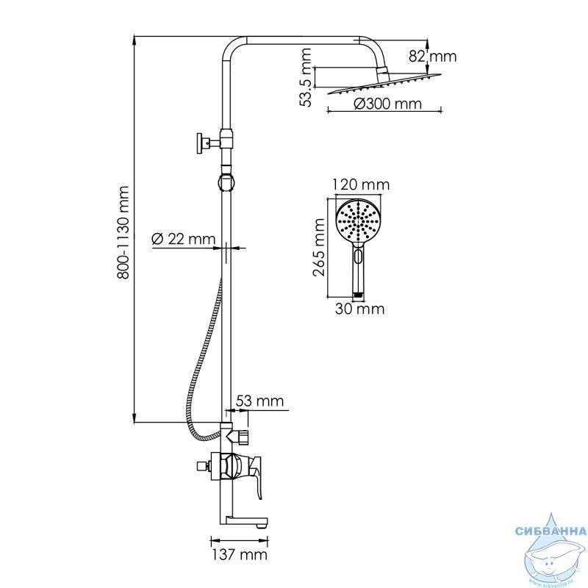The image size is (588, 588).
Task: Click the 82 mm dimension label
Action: [432, 57]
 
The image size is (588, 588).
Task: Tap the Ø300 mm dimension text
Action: [388, 104]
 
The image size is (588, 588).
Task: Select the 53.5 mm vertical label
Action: [306, 77]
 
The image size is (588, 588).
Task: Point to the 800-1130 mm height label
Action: [123, 232]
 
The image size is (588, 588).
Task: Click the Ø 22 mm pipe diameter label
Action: [183, 239]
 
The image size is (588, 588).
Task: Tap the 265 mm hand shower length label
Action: [319, 248]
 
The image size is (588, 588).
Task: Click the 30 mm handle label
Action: [359, 309]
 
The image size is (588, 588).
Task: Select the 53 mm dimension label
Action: [259, 401]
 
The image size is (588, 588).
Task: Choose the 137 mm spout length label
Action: [240, 555]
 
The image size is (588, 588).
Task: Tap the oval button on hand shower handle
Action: [358, 257]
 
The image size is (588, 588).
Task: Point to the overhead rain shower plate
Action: [384, 84]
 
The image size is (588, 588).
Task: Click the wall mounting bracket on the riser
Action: [209, 143]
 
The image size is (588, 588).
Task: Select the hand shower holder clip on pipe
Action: [226, 182]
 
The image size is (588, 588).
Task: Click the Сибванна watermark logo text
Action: [551, 531]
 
